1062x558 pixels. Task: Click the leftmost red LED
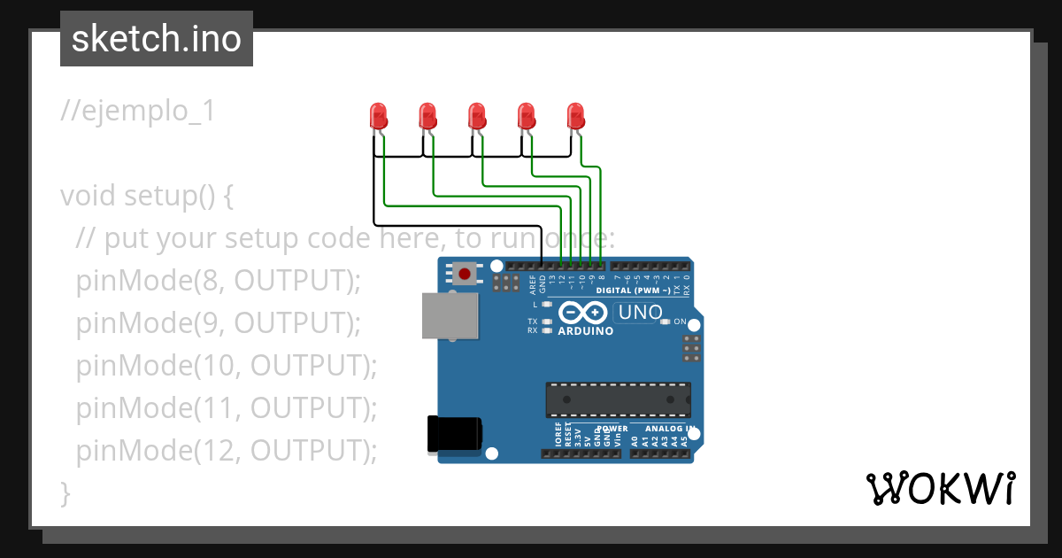tap(378, 115)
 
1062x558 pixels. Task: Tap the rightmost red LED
tap(576, 115)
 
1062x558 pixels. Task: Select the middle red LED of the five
tap(477, 115)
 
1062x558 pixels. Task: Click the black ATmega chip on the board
tap(618, 399)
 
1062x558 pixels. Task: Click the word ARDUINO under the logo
tap(585, 330)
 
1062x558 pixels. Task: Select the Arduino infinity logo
tap(583, 312)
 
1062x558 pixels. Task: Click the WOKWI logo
tap(940, 488)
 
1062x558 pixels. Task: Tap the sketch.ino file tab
tap(157, 39)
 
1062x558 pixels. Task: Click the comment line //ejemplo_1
tap(138, 112)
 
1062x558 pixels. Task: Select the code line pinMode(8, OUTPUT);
tap(219, 280)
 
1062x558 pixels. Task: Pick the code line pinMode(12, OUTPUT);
tap(227, 450)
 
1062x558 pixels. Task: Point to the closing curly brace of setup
tap(65, 492)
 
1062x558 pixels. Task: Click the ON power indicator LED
tap(666, 322)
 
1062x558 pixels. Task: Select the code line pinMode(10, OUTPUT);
tap(227, 365)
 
